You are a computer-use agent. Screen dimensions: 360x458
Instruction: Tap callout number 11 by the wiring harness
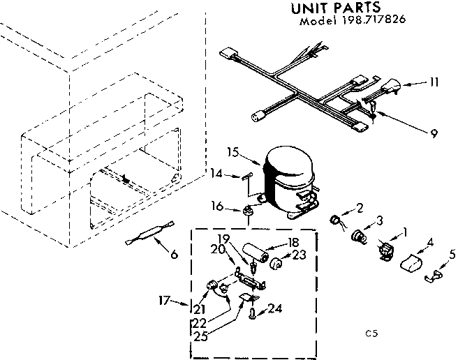434,82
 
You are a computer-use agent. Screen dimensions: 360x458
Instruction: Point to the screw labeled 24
251,315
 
